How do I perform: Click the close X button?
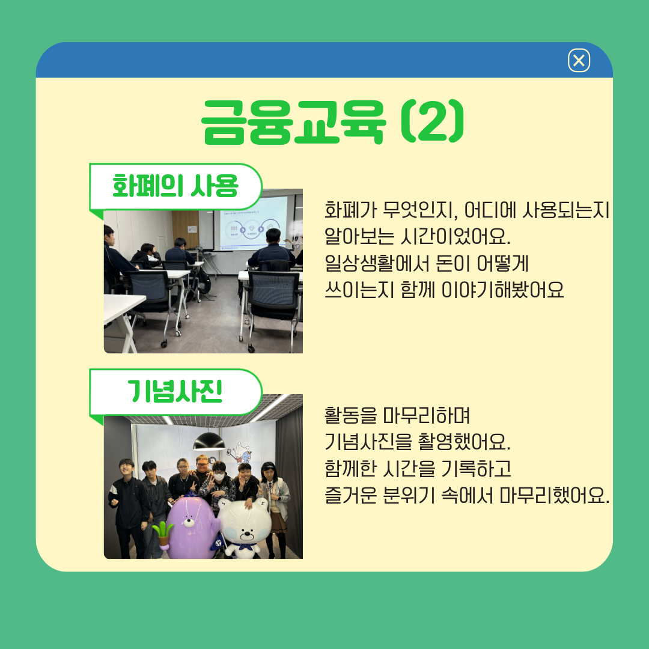[579, 61]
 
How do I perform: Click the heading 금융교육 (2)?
[333, 122]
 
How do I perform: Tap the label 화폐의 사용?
[175, 186]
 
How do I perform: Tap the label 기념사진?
[175, 391]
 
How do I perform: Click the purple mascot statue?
[190, 528]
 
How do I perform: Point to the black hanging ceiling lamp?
[209, 442]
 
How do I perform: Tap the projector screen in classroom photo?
[251, 223]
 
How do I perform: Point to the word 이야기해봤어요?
[502, 290]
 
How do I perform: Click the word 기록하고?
[476, 469]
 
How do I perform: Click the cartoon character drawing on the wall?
[242, 453]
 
